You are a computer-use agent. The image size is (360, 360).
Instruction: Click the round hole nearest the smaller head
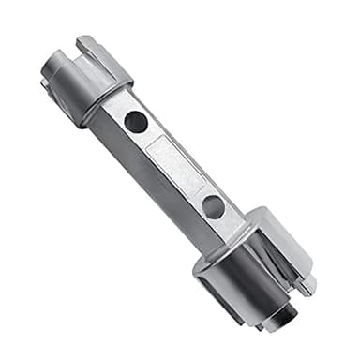click(x=136, y=121)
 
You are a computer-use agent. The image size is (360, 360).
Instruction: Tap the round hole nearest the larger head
click(x=214, y=206)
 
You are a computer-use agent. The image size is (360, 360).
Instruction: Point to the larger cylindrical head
click(x=248, y=267)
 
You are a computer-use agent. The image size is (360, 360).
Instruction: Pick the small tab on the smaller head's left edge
click(x=45, y=83)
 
